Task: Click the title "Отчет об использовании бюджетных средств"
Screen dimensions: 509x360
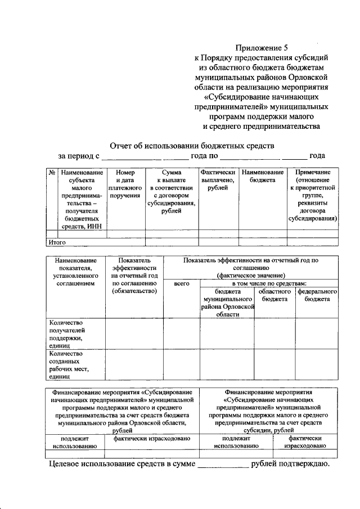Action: [x=192, y=145]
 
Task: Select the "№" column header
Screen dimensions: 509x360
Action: [x=51, y=173]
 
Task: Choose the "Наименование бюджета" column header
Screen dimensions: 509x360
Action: [x=263, y=176]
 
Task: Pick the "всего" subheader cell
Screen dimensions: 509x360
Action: [x=181, y=285]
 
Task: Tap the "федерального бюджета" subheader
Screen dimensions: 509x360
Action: [x=318, y=295]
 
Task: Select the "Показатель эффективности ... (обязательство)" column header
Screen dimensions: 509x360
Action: [x=134, y=276]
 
